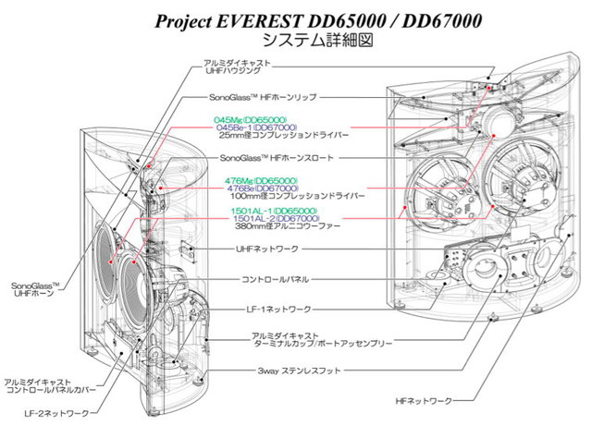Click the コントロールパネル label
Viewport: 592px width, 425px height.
[x=275, y=278]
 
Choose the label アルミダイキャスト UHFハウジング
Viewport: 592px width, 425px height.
[x=237, y=67]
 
